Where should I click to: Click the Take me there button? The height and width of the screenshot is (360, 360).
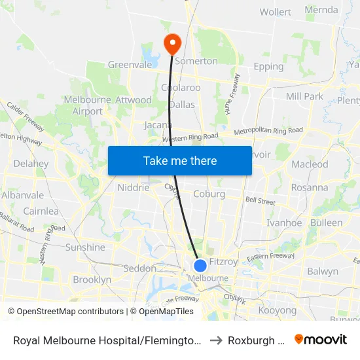(180, 160)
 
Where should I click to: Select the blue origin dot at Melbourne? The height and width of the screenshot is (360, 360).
(200, 265)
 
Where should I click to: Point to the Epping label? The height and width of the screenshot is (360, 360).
(268, 66)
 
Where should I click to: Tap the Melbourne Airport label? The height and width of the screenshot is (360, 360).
(88, 105)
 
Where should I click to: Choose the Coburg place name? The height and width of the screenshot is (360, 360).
(209, 194)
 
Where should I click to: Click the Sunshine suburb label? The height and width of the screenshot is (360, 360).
(85, 247)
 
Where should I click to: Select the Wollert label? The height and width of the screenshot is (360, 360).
(276, 12)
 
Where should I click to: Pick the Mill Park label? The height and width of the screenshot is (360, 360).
(304, 96)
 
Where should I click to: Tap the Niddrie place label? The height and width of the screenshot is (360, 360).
(133, 188)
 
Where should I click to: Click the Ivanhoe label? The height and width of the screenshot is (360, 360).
(284, 223)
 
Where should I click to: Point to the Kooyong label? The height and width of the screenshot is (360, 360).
(278, 310)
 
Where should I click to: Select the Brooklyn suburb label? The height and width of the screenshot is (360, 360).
(92, 279)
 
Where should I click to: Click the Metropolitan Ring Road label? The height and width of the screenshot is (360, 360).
(268, 131)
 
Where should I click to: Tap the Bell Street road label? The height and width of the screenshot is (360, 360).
(261, 201)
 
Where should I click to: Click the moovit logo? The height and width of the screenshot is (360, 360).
(321, 339)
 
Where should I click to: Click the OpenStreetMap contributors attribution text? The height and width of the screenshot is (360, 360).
(65, 312)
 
